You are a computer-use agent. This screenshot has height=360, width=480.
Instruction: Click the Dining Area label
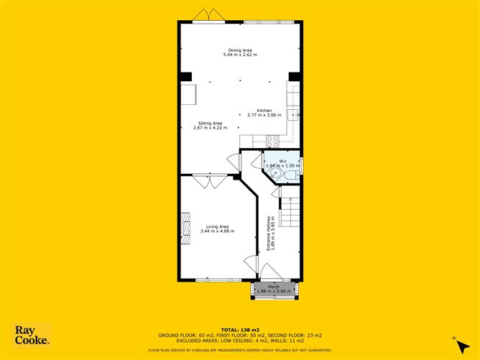[x=240, y=50]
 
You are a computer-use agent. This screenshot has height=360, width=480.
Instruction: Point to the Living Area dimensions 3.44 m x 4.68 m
[x=218, y=231]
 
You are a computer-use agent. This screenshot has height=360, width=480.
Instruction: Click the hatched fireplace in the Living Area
[x=185, y=223]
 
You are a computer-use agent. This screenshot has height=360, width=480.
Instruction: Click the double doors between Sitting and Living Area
[x=211, y=181]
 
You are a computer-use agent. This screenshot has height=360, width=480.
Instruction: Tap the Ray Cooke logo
[x=32, y=334]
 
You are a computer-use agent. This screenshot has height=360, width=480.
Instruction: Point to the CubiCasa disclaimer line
[x=241, y=350]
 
